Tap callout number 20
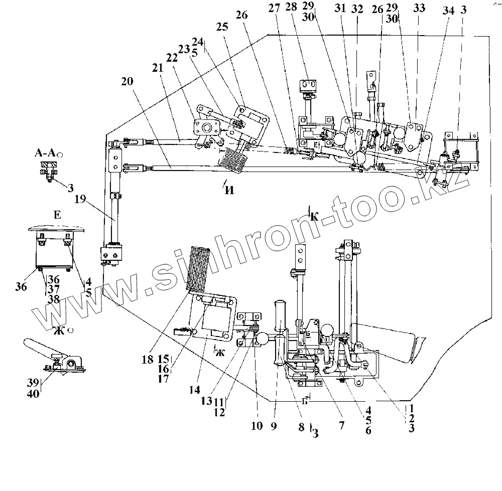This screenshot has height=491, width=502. [x=128, y=82]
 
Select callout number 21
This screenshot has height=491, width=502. [x=158, y=68]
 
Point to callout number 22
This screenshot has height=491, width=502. [x=172, y=58]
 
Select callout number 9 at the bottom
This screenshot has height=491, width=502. [x=274, y=426]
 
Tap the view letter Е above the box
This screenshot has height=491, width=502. [x=56, y=215]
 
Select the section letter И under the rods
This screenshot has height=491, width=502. [x=230, y=190]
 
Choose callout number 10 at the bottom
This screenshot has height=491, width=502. [x=256, y=426]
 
